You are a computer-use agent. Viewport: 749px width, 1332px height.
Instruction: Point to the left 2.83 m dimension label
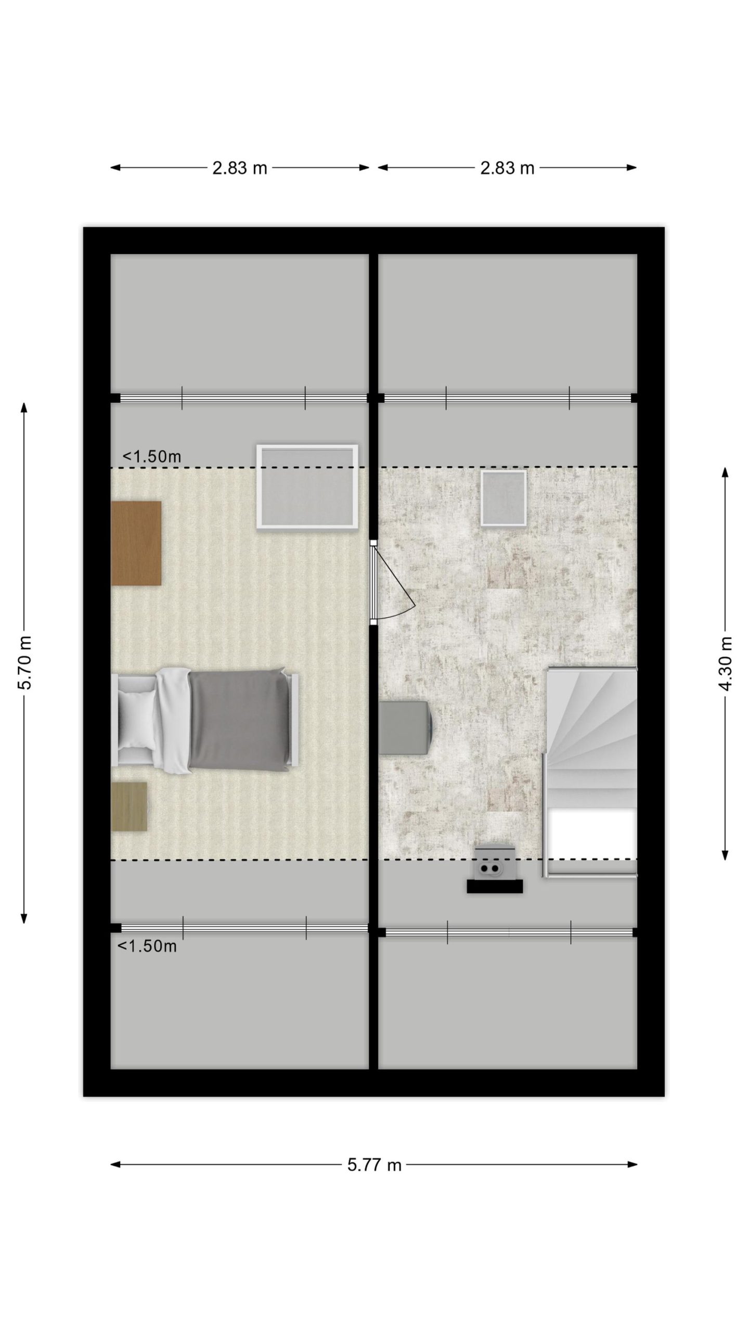[x=239, y=168]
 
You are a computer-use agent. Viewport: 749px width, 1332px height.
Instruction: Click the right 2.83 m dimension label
[x=507, y=168]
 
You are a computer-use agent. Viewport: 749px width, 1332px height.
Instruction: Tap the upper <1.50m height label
[x=152, y=456]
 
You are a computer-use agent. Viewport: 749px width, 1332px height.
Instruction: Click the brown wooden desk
[x=136, y=543]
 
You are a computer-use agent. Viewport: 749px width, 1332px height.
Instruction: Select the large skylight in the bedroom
[x=307, y=487]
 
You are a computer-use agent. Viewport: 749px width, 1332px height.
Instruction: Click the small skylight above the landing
[x=503, y=498]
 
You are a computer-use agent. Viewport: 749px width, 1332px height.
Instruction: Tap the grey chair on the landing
[x=405, y=727]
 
